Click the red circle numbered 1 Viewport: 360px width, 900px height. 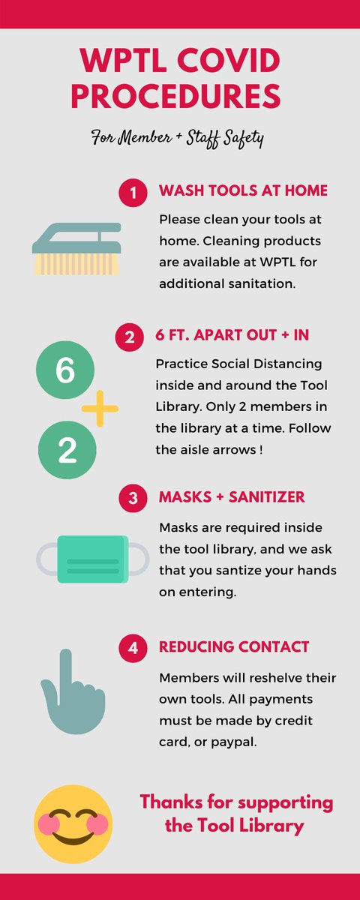[x=133, y=193]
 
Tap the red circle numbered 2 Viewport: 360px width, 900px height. [x=129, y=337]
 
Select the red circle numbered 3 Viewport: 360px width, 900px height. [x=133, y=498]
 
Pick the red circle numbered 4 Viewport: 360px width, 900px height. [x=133, y=648]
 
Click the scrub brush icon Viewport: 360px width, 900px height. [x=76, y=249]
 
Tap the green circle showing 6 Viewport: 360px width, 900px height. [x=65, y=370]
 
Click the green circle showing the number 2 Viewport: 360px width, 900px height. [x=67, y=450]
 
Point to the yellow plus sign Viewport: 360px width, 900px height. [x=100, y=409]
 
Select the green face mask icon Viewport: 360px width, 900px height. [x=93, y=559]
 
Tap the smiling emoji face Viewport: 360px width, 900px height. [x=73, y=824]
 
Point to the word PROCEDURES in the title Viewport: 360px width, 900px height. [x=175, y=96]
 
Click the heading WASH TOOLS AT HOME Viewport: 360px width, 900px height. [x=243, y=190]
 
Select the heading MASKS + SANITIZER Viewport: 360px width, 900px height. [x=232, y=497]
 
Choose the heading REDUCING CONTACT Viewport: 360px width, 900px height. [x=234, y=646]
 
